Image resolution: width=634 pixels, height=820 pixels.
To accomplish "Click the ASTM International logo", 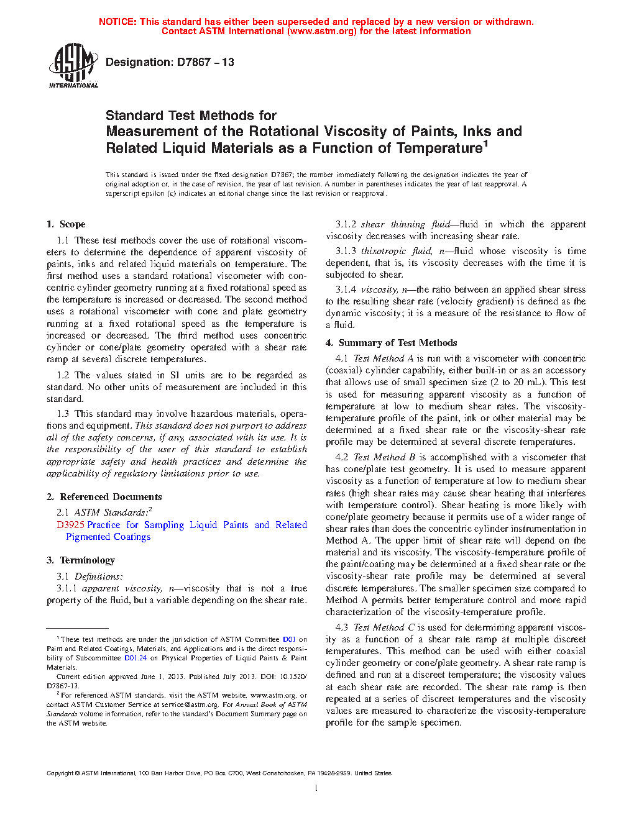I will (73, 65).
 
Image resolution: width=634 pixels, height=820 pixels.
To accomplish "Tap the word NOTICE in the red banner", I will (117, 22).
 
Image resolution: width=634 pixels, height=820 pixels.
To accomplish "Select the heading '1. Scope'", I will (66, 224).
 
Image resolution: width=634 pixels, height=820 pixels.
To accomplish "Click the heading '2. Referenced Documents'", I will (104, 497).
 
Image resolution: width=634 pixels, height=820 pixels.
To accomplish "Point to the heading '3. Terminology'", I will (80, 560).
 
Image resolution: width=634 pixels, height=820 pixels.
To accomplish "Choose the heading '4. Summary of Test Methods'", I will (391, 343).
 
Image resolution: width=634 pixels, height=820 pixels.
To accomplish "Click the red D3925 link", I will (70, 525).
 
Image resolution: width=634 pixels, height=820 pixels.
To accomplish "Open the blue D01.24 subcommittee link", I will (136, 658).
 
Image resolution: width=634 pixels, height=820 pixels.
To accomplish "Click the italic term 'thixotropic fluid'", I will (397, 251).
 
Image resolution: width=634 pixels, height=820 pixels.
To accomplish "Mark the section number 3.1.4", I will (346, 289).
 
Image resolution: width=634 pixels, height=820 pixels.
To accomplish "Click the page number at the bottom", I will (316, 788).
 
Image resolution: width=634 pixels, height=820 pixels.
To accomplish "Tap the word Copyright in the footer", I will (60, 773).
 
